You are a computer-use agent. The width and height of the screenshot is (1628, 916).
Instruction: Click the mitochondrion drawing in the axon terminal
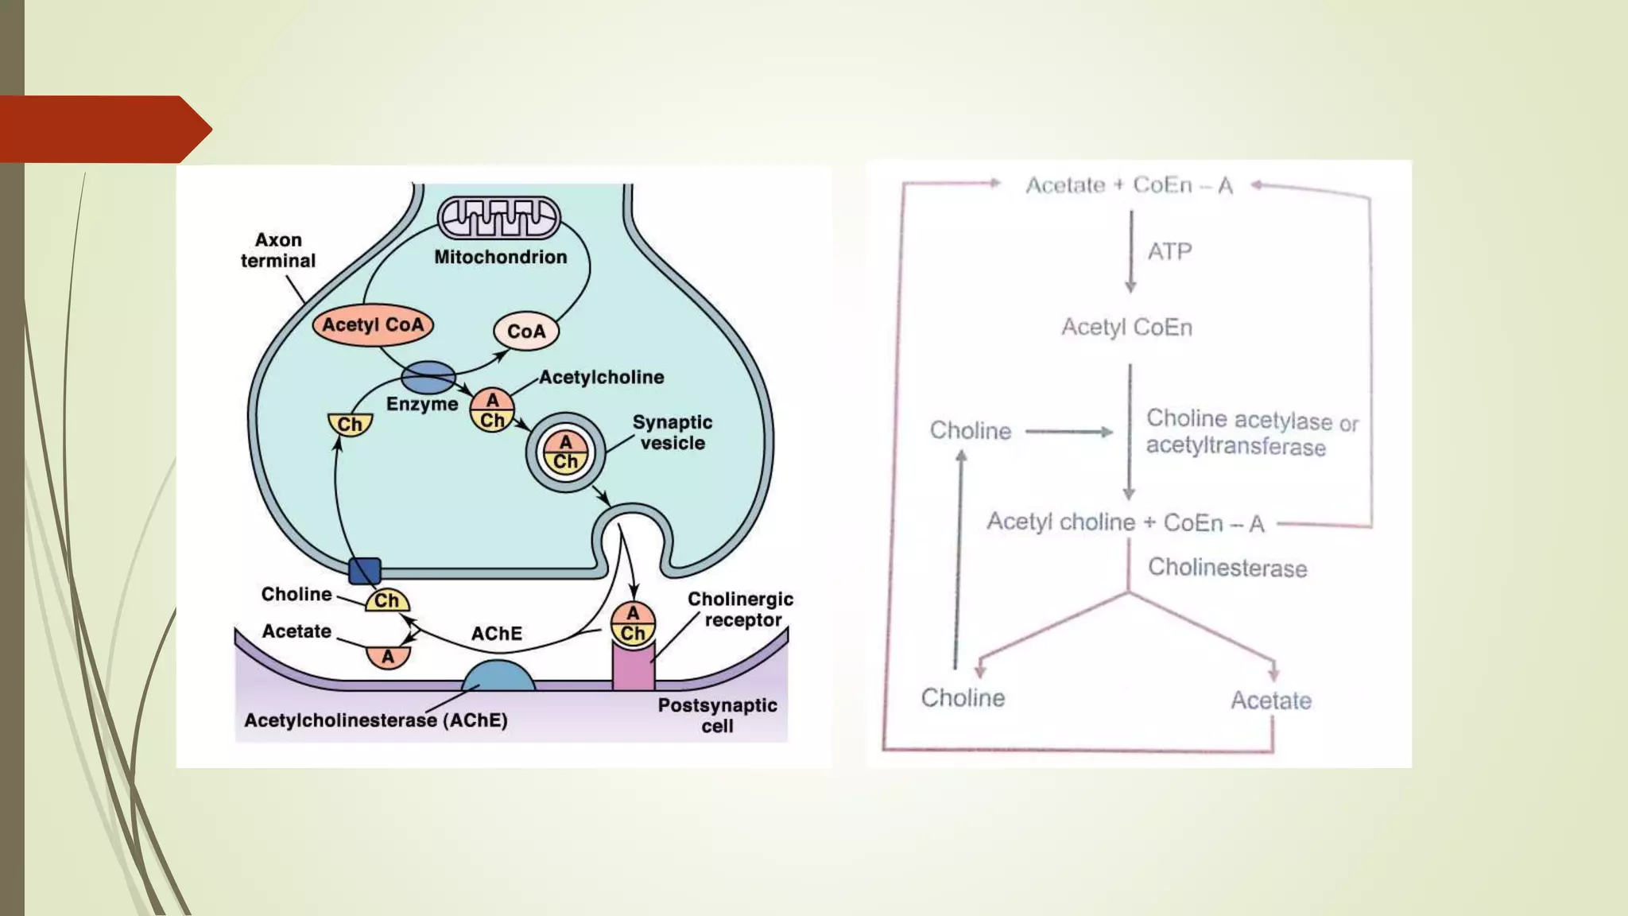tap(498, 218)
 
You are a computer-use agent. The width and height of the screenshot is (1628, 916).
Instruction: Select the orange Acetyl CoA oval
tap(373, 324)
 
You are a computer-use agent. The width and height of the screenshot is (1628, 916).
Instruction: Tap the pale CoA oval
tap(525, 331)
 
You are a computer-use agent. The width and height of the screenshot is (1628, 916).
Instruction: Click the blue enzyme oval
tap(428, 378)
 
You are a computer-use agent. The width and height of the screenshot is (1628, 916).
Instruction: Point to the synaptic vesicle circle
tap(565, 452)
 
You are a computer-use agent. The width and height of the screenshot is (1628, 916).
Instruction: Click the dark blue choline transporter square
tap(365, 570)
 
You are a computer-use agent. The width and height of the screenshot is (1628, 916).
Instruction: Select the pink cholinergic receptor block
tap(634, 666)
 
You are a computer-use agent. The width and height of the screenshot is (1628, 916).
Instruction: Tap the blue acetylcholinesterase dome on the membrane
tap(498, 676)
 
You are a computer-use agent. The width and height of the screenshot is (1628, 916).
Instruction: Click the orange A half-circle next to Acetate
tap(388, 657)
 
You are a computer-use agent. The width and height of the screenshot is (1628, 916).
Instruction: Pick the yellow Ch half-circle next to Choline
tap(387, 601)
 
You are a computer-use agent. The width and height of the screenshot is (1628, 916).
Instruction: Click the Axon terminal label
tap(278, 250)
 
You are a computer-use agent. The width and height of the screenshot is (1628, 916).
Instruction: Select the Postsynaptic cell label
tap(717, 715)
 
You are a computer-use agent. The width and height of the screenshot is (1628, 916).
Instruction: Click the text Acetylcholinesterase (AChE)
tap(375, 720)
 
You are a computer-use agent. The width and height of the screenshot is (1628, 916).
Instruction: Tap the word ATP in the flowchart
tap(1169, 252)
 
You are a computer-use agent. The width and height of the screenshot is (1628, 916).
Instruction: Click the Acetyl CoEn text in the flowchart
tap(1126, 328)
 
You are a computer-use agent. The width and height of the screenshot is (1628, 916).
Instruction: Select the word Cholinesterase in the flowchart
tap(1227, 568)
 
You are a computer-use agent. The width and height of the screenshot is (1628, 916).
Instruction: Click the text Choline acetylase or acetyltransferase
tap(1251, 433)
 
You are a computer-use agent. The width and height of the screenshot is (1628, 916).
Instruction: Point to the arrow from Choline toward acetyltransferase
tap(1068, 432)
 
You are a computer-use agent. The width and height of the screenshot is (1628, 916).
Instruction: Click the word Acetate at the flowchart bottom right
tap(1270, 701)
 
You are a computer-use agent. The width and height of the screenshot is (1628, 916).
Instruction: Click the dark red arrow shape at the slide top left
tap(103, 130)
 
